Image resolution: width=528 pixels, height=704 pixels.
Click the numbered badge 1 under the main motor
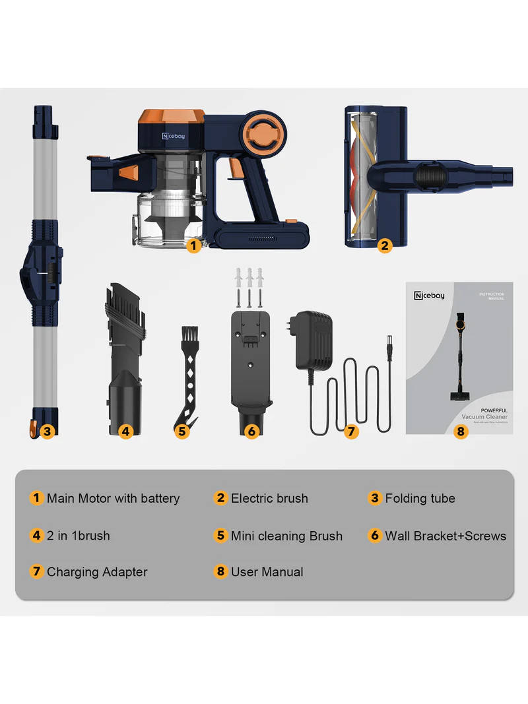tap(193, 245)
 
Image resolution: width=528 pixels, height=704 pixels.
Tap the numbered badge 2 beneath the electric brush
tap(385, 245)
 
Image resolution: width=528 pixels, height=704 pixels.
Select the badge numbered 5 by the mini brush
tap(183, 432)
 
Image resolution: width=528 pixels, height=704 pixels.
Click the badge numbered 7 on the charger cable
tap(351, 432)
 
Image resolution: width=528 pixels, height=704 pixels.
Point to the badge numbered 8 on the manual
tap(461, 432)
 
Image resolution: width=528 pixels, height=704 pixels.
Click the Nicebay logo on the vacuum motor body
tap(175, 135)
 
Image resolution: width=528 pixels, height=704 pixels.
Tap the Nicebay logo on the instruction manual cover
tap(430, 296)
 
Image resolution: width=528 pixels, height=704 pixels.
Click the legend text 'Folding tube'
tap(420, 498)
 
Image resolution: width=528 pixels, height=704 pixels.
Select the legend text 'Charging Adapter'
tap(97, 572)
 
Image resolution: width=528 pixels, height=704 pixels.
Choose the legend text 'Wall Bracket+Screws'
tap(445, 536)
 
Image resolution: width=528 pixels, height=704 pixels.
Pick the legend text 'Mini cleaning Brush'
tap(286, 536)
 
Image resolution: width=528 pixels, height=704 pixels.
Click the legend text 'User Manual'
tap(267, 572)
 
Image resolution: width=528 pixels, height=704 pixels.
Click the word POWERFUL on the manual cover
tap(494, 410)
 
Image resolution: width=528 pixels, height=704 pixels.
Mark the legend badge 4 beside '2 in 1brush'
tap(37, 535)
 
